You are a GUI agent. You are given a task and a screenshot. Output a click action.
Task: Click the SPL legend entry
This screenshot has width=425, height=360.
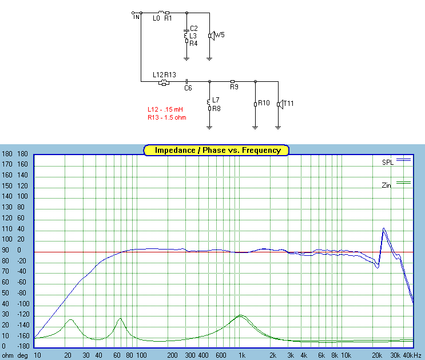pos(388,163)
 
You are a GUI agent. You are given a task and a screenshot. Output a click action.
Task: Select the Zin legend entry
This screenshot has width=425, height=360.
pos(387,185)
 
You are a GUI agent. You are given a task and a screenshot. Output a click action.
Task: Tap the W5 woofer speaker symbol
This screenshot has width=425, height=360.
pos(210,35)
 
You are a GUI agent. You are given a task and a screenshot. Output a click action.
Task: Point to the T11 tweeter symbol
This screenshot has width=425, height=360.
pos(279,104)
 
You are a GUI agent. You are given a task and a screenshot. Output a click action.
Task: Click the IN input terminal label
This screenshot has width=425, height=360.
pos(137,17)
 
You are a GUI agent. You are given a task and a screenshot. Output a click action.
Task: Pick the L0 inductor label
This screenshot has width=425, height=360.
pos(156,18)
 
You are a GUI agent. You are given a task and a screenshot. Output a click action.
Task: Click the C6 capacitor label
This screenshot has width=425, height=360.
pos(188,88)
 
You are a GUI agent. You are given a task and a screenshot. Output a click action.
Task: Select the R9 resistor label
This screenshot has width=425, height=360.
pos(233,87)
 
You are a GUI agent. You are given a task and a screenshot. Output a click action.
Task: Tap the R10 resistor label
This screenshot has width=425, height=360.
pos(263,103)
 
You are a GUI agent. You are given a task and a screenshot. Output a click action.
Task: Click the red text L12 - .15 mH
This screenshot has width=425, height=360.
pos(165,109)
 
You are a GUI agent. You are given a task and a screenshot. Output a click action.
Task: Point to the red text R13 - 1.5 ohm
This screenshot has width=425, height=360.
pos(166,117)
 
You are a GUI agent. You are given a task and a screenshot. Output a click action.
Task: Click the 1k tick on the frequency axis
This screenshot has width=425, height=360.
pos(243,355)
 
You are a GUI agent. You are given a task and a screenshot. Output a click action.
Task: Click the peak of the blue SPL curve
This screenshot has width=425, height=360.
pos(383,228)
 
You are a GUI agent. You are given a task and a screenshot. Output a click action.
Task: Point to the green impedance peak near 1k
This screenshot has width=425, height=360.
pos(241,315)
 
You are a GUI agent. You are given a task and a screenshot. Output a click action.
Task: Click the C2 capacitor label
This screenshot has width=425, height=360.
pos(193,28)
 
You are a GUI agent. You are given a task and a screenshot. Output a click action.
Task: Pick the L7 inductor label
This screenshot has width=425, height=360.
pos(215,100)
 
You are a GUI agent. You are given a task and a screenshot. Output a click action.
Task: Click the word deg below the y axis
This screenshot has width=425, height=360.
pos(22,355)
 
